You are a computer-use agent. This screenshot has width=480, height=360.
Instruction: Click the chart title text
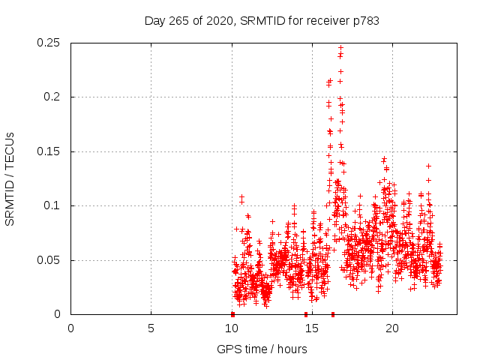pos(262,21)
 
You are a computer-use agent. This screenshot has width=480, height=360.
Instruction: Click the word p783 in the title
pos(364,21)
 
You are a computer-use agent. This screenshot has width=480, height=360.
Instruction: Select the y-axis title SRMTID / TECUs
pos(10,178)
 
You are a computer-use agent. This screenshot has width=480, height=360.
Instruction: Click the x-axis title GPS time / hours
pos(262,349)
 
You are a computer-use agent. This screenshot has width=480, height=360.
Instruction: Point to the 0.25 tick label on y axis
pos(49,43)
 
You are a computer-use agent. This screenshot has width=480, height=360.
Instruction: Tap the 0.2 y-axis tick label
pos(52,97)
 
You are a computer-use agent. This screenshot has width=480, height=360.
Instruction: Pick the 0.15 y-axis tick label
pos(49,151)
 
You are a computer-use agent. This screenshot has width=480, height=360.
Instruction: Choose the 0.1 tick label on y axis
pos(52,206)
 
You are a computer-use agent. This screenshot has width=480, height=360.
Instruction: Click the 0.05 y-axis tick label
pos(49,260)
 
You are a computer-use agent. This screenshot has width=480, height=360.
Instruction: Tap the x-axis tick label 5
pos(151,328)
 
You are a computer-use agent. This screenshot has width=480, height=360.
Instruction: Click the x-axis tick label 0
pos(70,328)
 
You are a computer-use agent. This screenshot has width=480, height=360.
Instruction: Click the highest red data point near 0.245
pos(341,48)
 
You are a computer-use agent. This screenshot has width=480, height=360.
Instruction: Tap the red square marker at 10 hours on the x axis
pos(232,314)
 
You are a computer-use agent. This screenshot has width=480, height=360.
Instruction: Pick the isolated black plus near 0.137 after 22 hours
pos(429,166)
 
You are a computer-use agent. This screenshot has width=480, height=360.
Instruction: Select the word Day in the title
pos(154,21)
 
